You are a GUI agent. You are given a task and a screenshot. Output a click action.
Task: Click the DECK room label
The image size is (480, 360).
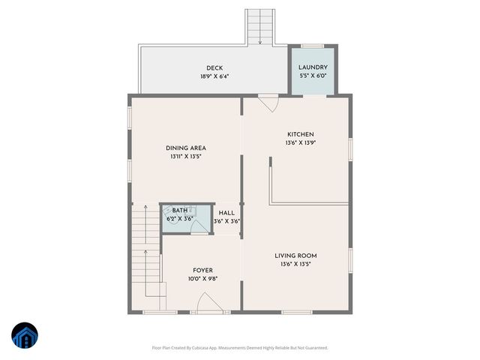pos(214,68)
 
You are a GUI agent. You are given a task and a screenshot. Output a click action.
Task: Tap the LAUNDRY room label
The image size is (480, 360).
pos(313,67)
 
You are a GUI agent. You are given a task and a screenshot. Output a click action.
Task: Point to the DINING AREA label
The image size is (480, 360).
pos(186,148)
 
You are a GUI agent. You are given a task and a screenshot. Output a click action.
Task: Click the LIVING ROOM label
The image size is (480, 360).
pos(295,256)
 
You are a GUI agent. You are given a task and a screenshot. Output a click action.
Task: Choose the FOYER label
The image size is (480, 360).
pos(202,270)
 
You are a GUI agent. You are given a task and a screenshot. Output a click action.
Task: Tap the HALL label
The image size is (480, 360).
pos(226,213)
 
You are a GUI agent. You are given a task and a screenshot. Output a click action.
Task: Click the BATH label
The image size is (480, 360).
pos(180,211)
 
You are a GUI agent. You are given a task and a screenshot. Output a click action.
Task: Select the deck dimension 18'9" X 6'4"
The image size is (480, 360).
pos(214,76)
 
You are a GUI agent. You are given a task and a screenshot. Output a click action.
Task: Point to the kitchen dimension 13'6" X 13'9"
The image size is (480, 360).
pos(299,142)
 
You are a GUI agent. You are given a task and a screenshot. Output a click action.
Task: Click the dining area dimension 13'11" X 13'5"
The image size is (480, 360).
pos(186,156)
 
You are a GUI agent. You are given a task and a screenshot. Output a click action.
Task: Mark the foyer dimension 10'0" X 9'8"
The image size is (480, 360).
pos(202,279)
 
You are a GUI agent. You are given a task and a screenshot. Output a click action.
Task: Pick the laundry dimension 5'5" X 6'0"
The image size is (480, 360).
pos(313,76)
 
